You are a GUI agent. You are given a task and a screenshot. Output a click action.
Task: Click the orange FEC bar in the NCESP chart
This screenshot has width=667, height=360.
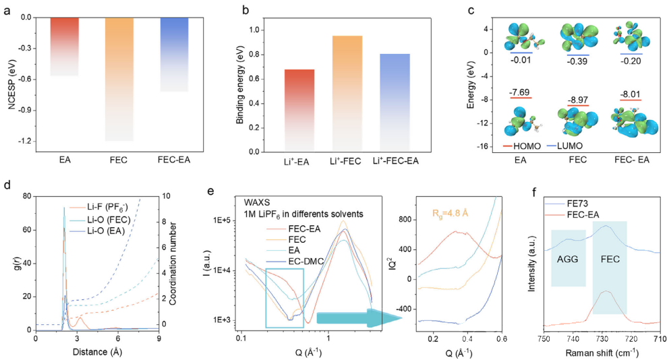point(119,79)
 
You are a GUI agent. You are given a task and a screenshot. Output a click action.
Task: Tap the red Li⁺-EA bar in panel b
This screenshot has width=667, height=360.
point(299,111)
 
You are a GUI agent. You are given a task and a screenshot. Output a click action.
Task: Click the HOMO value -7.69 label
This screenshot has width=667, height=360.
point(520,92)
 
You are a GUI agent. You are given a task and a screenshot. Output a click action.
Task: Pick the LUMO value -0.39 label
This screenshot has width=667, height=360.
point(578,61)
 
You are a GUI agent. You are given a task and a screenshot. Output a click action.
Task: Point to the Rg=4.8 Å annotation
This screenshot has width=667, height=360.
point(450,212)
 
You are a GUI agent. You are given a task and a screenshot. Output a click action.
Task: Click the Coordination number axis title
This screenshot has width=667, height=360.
point(173,264)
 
